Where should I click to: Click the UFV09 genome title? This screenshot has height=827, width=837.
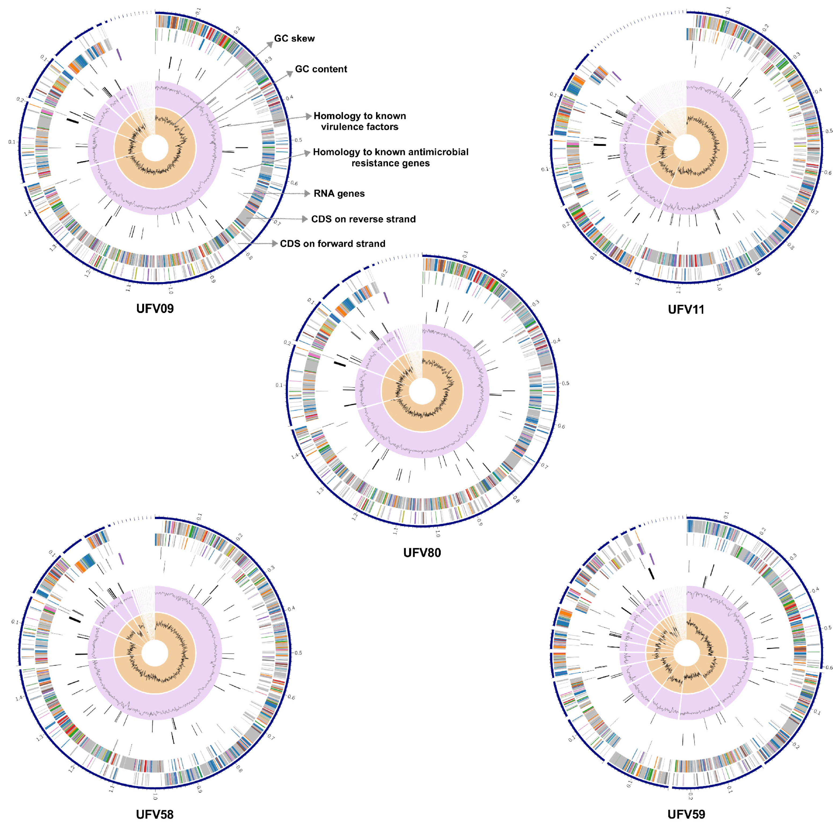point(155,308)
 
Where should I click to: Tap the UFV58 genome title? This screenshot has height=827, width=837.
point(155,814)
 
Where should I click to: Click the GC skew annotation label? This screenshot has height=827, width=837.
point(294,39)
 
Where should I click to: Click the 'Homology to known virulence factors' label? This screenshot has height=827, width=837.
point(359,121)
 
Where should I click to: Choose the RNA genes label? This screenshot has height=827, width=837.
point(339,194)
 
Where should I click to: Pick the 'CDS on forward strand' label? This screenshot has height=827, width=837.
point(332,244)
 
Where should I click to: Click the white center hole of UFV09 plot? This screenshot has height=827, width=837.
point(155,148)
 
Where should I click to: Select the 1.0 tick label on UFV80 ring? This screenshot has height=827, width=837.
point(437,534)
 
